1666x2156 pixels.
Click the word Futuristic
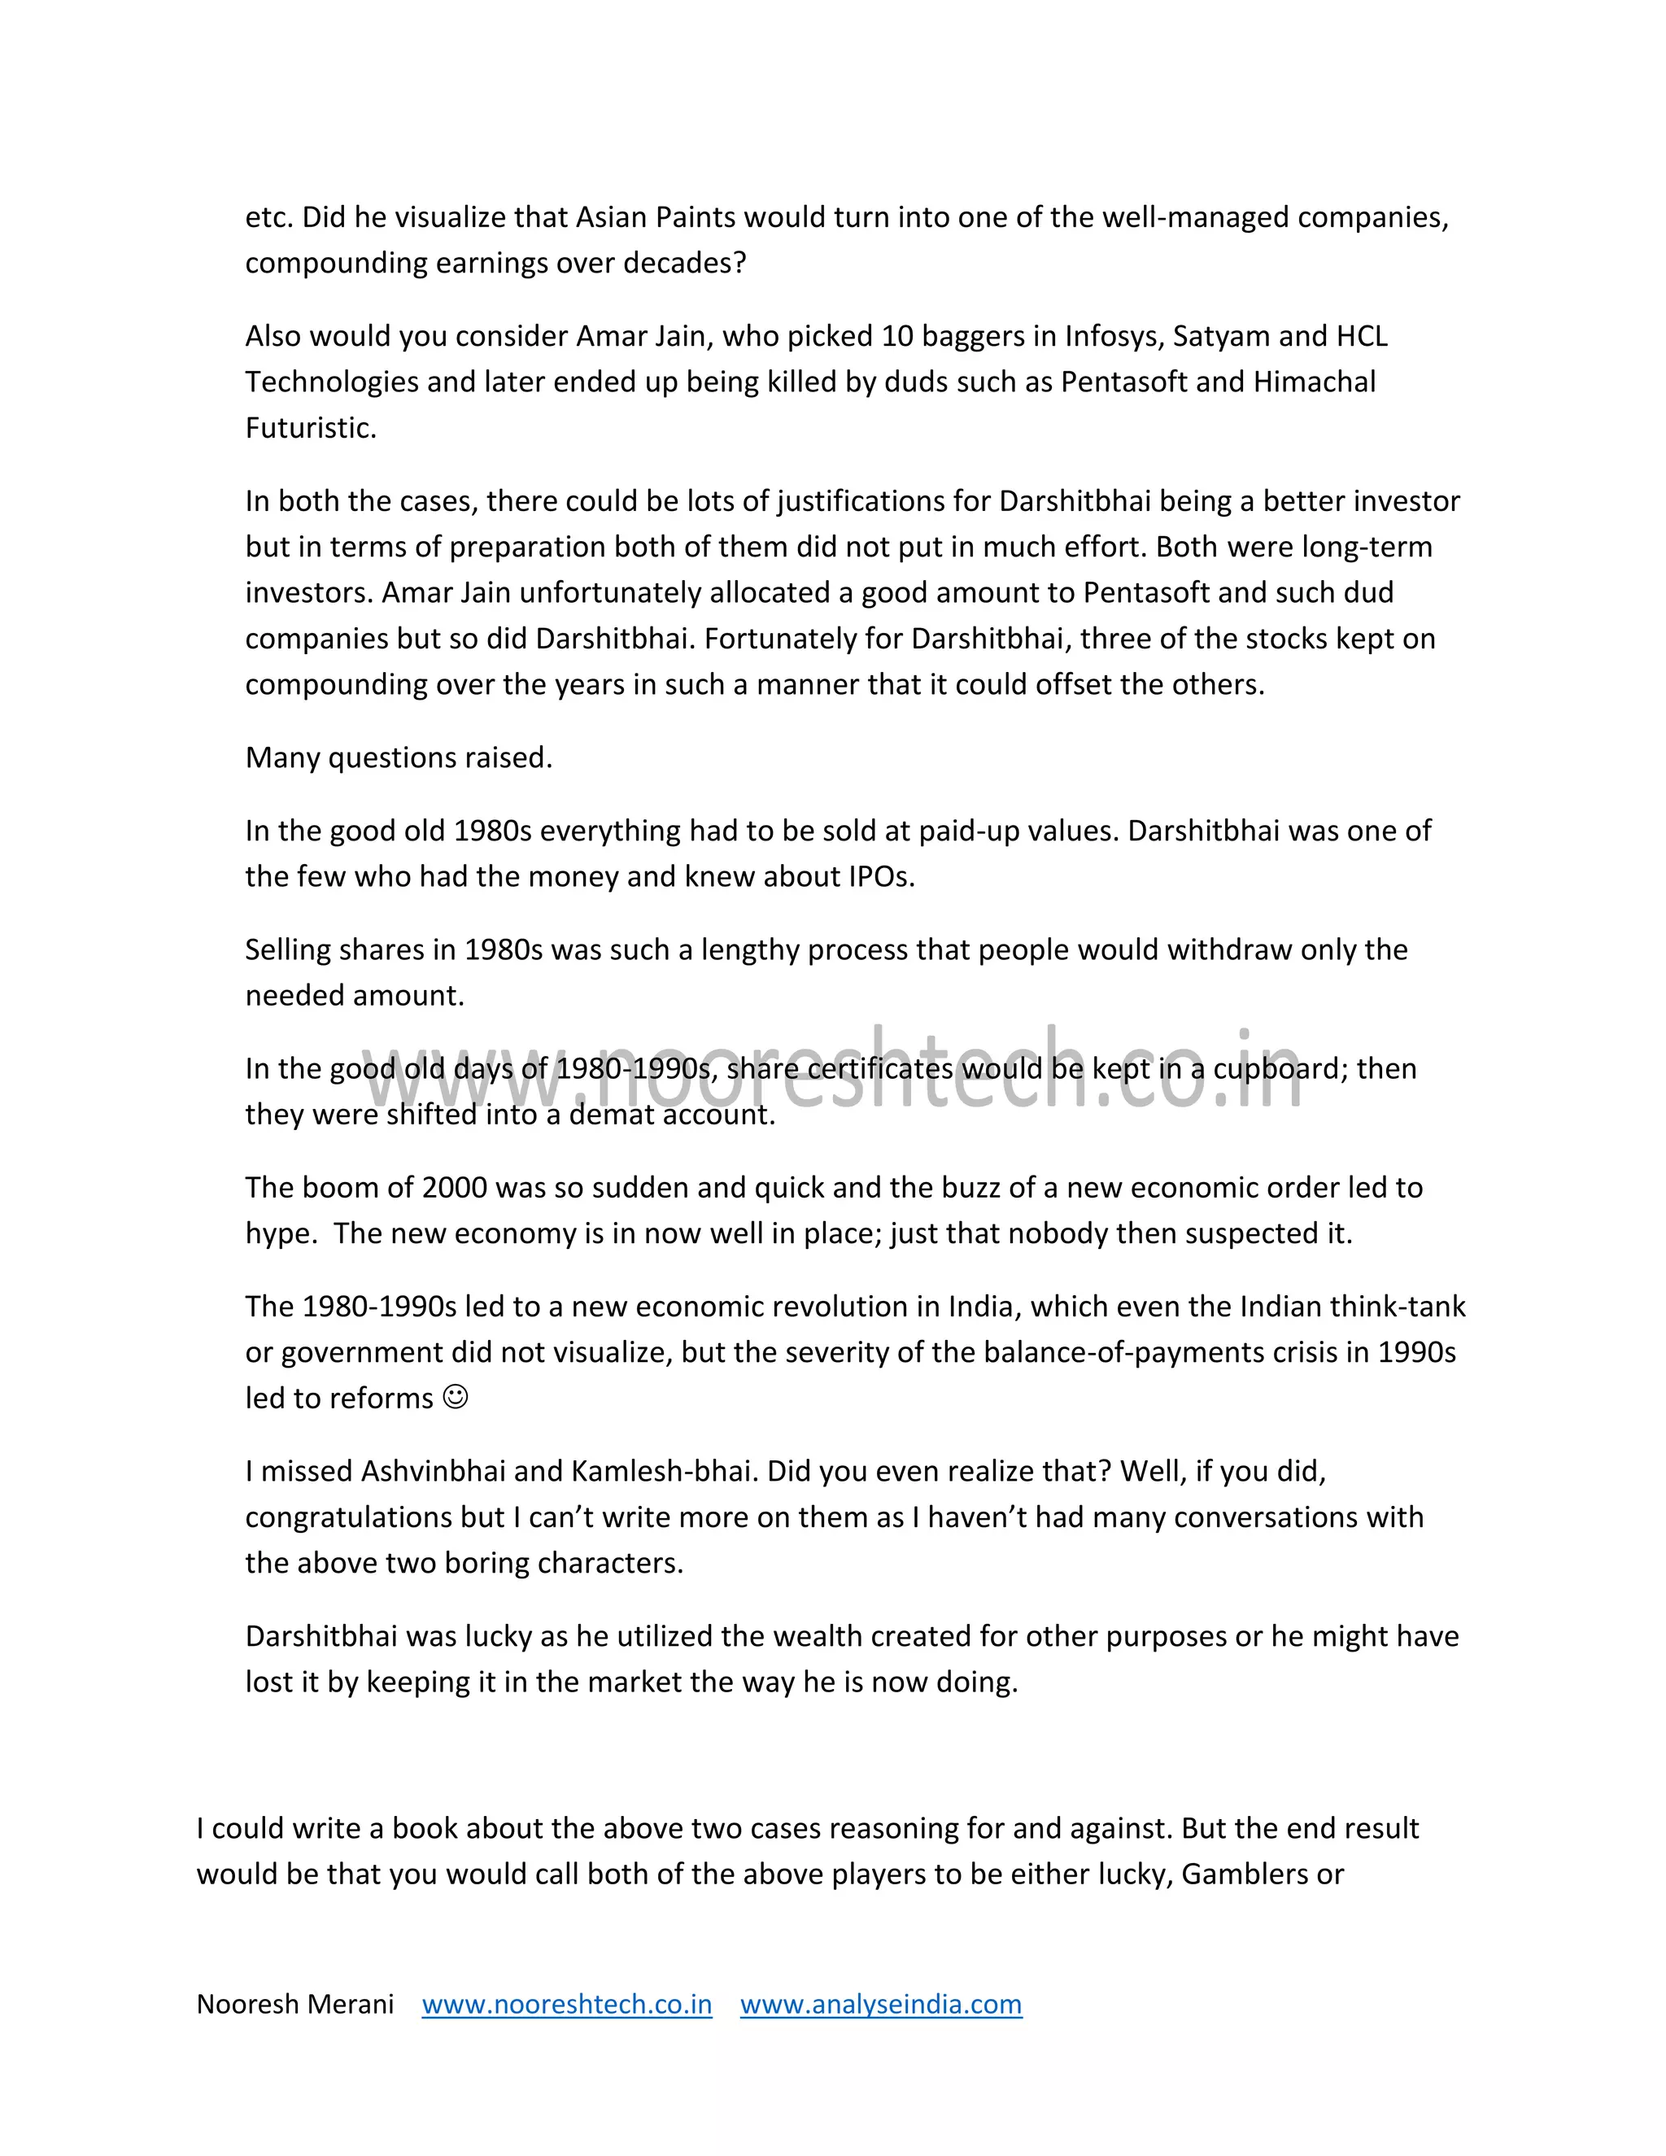click(x=310, y=429)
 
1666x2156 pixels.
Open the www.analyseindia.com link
click(x=880, y=2005)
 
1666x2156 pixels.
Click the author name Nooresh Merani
click(x=295, y=2005)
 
